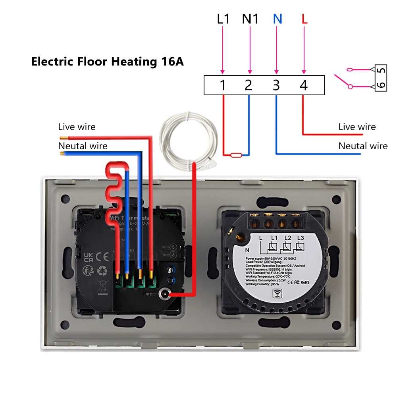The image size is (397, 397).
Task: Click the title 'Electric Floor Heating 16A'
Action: (x=107, y=62)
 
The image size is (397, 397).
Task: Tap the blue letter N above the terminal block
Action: (x=277, y=19)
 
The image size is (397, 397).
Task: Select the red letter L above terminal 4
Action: (x=304, y=19)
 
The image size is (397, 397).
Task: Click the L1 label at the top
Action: (x=223, y=19)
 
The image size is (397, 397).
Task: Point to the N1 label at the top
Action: (x=250, y=19)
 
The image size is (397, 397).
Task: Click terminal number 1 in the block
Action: (x=223, y=85)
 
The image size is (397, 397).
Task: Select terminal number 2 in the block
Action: (x=249, y=85)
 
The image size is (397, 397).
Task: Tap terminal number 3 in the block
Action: (x=276, y=85)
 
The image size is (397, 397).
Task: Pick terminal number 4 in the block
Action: (x=304, y=85)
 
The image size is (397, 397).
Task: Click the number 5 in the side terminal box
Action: (x=381, y=70)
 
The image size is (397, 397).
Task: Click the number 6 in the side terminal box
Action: (x=381, y=85)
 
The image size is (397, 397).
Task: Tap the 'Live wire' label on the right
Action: (x=357, y=127)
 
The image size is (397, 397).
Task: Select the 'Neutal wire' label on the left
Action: (x=83, y=146)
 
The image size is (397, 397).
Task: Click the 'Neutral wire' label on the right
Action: (x=363, y=146)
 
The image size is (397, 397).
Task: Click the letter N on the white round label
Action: (x=247, y=250)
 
